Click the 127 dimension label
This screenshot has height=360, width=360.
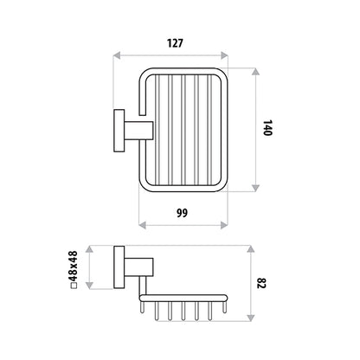click(x=175, y=43)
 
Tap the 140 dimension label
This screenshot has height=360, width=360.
click(x=267, y=128)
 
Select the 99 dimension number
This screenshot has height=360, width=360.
click(x=182, y=213)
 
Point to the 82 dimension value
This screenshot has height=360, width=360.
click(x=260, y=283)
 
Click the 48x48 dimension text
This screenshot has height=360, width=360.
click(x=74, y=266)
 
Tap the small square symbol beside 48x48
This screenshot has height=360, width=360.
click(x=74, y=286)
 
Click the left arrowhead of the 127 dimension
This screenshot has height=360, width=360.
click(x=117, y=55)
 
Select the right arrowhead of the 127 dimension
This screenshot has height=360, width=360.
click(x=224, y=55)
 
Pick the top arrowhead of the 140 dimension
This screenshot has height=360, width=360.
click(x=255, y=72)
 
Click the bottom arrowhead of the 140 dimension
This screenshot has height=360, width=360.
click(x=255, y=188)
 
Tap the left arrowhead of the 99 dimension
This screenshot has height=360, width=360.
click(x=143, y=225)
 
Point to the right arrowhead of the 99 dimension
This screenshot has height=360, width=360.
click(x=224, y=225)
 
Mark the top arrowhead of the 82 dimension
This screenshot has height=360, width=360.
click(x=251, y=249)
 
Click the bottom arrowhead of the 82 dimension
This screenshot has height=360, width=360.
click(x=251, y=318)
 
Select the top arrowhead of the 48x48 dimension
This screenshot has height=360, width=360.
click(x=90, y=249)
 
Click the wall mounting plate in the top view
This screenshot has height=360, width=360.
click(x=119, y=131)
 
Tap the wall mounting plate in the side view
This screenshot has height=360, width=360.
click(x=119, y=267)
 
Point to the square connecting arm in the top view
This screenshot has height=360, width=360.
click(x=138, y=131)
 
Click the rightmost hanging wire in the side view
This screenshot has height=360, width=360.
click(x=224, y=307)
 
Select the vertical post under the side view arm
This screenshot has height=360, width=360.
click(x=143, y=286)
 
